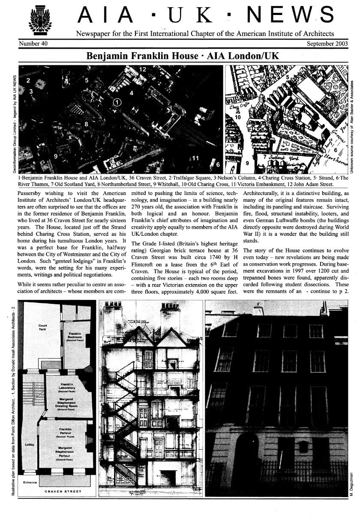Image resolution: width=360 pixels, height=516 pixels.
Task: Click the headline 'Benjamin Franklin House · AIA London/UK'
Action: coord(180,56)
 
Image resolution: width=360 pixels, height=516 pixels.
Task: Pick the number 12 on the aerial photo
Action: coord(143,69)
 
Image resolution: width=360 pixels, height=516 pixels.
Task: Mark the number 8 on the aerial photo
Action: coord(87,124)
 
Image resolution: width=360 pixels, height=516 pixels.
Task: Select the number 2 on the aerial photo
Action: coord(28,80)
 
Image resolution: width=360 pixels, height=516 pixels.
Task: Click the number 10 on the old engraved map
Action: coord(238,117)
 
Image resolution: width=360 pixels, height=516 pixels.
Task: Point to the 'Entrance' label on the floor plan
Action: coord(30,482)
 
